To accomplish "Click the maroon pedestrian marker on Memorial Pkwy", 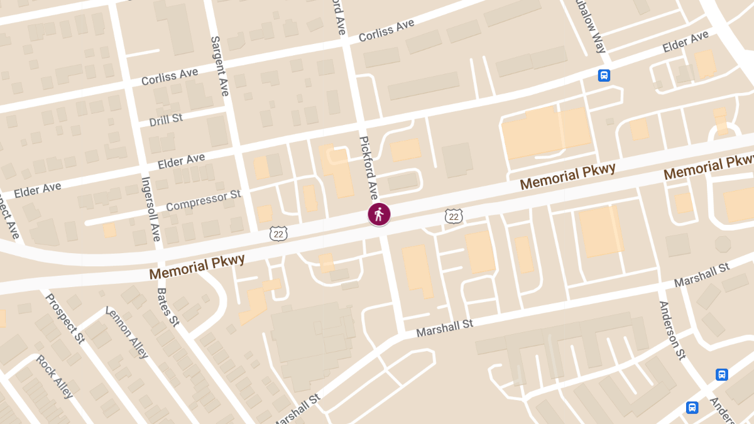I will tap(379, 214).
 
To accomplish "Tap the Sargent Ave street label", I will tap(219, 65).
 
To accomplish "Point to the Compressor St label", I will tap(204, 200).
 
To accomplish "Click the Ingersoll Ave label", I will tap(151, 209).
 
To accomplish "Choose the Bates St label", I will tap(168, 307).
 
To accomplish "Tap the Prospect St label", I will tap(65, 319).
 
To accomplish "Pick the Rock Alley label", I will tap(55, 376).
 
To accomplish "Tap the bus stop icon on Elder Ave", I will tap(604, 75).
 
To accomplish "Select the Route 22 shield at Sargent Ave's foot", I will tap(278, 234).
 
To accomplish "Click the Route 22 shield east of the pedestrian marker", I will tap(454, 217).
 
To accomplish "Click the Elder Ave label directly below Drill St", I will tap(181, 161).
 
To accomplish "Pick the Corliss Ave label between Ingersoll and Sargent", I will tap(170, 77).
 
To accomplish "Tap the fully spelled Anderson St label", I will tap(671, 330).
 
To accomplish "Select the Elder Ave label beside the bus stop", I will tap(686, 43).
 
